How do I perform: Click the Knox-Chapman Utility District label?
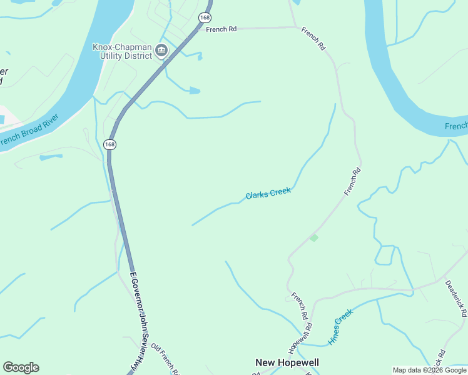coord(122,51)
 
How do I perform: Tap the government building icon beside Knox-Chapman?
coord(161,51)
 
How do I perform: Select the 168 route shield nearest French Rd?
coord(205,17)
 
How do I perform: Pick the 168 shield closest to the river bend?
coord(110,144)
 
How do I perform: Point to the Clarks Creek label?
coord(268,194)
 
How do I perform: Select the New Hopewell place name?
coord(287,362)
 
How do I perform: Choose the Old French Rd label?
coord(166,359)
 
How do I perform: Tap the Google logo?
coord(21,367)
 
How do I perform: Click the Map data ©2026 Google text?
coord(429,370)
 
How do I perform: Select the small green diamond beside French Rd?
coord(313,237)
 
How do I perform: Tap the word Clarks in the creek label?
coord(257,195)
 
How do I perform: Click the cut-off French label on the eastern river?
coord(456,127)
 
